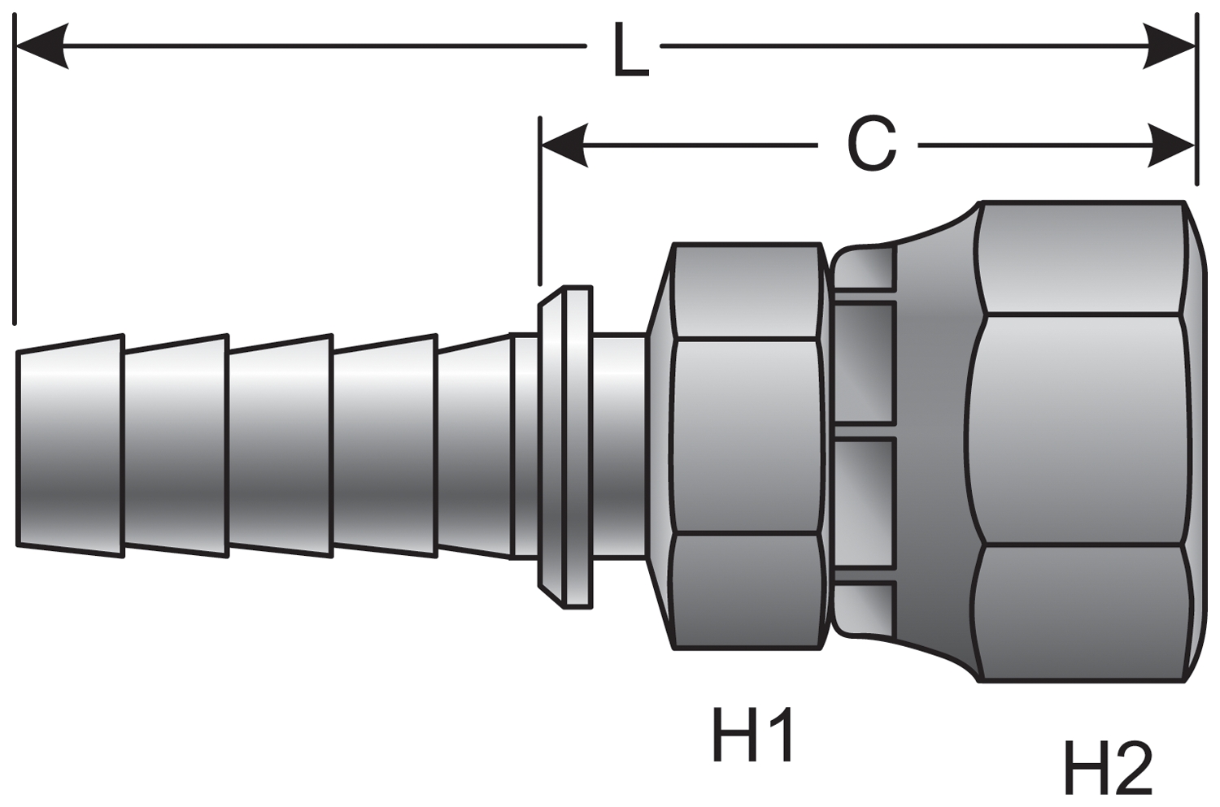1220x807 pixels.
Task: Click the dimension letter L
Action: click(631, 50)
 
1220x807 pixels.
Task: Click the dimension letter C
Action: click(871, 144)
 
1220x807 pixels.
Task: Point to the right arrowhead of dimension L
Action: click(1168, 47)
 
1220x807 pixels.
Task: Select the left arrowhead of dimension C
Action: click(565, 145)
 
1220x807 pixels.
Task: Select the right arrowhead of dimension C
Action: click(1171, 145)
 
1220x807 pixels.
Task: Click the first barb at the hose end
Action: click(70, 445)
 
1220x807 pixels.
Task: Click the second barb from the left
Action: click(176, 445)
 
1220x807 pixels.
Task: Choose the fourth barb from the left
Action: click(386, 445)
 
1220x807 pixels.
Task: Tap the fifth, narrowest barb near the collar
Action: click(474, 445)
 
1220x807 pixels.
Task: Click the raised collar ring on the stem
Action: click(565, 447)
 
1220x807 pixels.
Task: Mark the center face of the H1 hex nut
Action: click(745, 437)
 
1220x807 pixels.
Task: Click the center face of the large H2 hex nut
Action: click(1078, 429)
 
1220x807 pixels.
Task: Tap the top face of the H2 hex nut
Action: click(1084, 258)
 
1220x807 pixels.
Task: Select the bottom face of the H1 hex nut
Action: click(745, 592)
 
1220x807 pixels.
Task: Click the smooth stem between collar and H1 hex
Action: click(619, 445)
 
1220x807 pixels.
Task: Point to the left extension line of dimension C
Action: click(540, 201)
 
